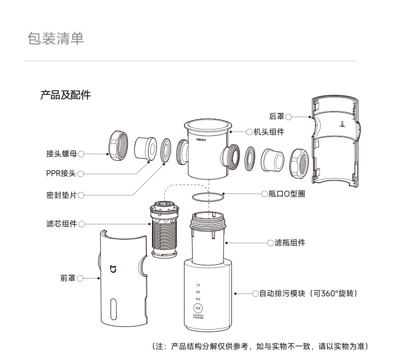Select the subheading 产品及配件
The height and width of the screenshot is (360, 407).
(x=65, y=95)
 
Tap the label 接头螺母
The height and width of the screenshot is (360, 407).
(x=61, y=154)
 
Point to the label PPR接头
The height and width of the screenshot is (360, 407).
(x=61, y=173)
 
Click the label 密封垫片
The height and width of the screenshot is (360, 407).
(x=61, y=195)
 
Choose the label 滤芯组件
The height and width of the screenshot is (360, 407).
(x=61, y=224)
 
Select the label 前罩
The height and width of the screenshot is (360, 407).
(x=68, y=279)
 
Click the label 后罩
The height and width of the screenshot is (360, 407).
(x=277, y=117)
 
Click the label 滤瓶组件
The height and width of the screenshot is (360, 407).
(x=286, y=243)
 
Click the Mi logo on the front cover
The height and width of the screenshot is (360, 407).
(x=114, y=269)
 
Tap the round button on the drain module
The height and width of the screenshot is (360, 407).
(x=198, y=308)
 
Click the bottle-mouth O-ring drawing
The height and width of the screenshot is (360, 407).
(x=208, y=197)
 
